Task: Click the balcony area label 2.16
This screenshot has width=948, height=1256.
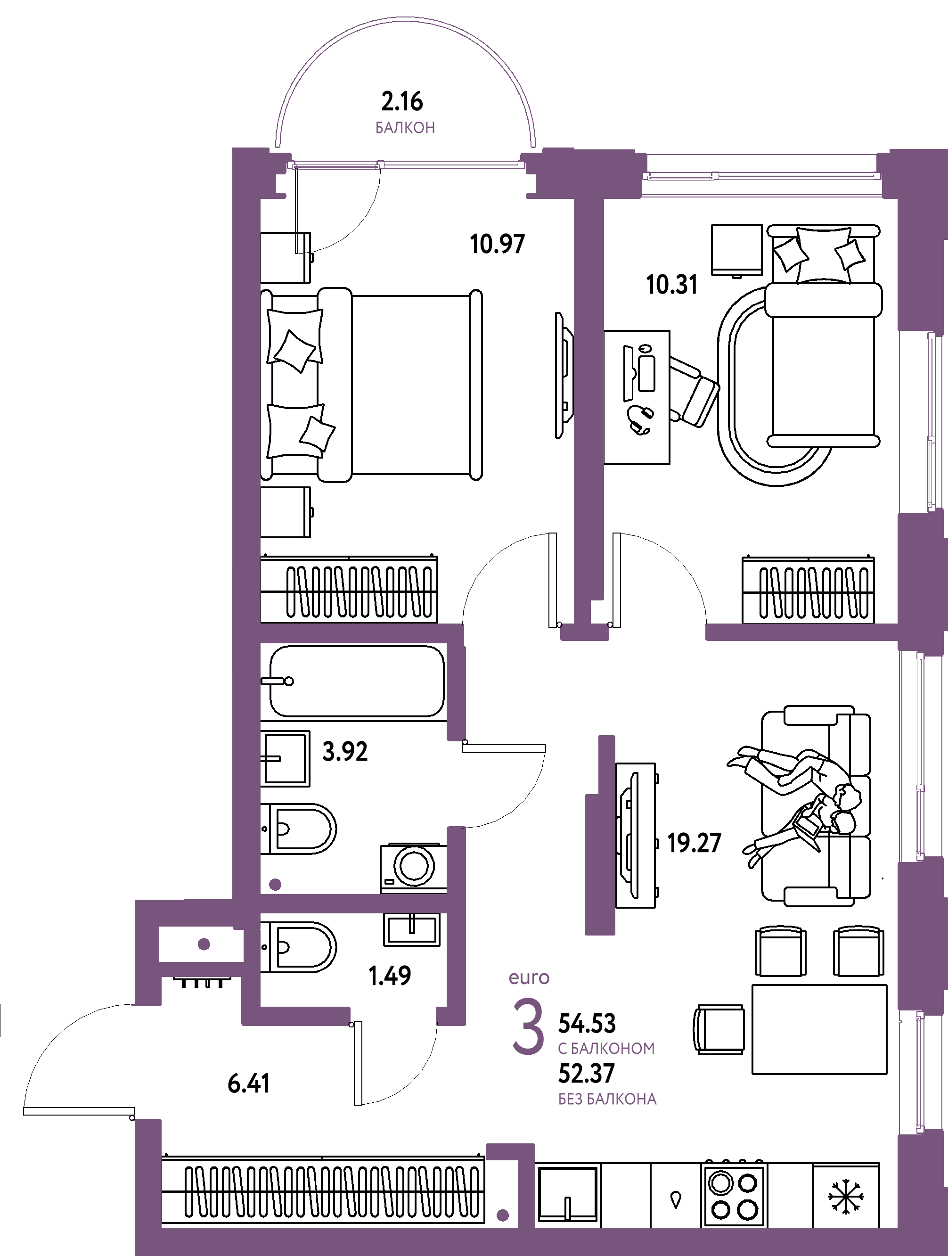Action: tap(402, 102)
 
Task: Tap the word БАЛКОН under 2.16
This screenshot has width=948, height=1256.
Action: tap(405, 128)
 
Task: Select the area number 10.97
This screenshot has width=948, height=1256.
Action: tap(497, 244)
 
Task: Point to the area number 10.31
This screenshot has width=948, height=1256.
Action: tap(671, 285)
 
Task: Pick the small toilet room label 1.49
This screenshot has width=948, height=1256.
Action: tap(389, 976)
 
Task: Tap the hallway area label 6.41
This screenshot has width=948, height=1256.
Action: tap(249, 1084)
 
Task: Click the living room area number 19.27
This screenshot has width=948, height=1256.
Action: tap(694, 843)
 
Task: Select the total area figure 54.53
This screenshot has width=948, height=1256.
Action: tap(587, 1024)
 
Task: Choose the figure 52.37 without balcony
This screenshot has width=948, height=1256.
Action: tap(587, 1074)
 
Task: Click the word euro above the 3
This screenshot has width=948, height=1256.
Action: tap(529, 978)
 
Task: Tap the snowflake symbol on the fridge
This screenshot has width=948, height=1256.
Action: tap(846, 1198)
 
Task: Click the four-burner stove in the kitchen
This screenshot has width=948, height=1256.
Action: tap(734, 1195)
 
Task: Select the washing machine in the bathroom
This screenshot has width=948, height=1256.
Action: tap(413, 868)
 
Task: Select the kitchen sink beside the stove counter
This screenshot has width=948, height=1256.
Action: tap(568, 1193)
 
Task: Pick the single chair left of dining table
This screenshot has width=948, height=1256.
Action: tap(719, 1029)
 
